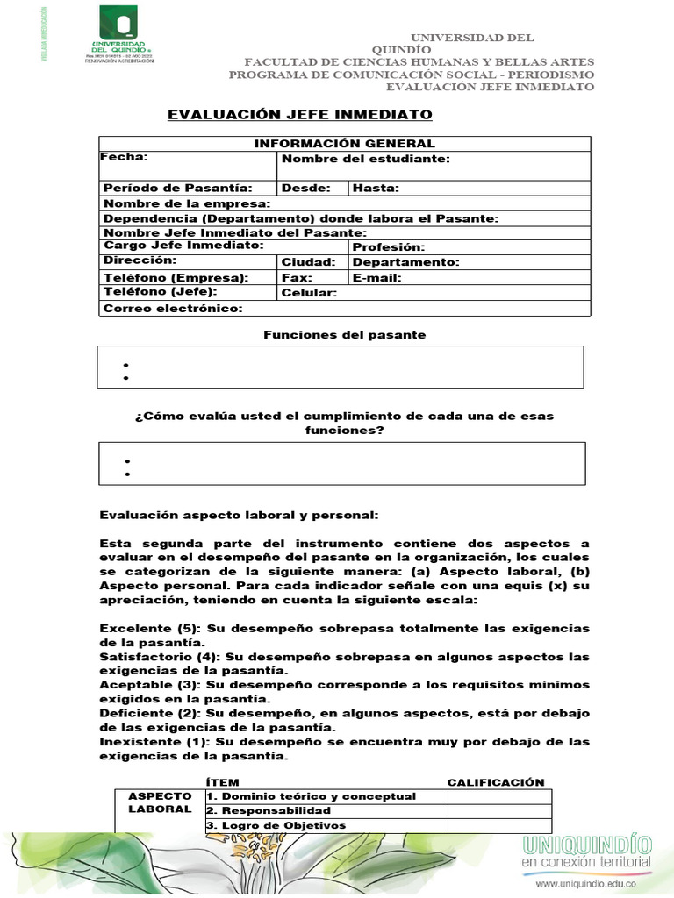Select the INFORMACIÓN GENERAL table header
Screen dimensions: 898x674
click(x=344, y=144)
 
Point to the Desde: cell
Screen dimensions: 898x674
click(x=306, y=188)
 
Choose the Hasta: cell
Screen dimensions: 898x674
click(x=376, y=188)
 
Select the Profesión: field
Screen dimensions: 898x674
click(x=388, y=248)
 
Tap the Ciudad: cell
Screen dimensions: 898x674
click(x=308, y=262)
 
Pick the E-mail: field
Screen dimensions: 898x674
click(x=377, y=277)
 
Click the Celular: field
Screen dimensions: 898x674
click(x=309, y=293)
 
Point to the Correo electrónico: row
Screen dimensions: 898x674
click(x=173, y=309)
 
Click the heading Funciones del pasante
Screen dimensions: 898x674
click(x=344, y=335)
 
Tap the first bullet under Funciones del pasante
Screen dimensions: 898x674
click(x=126, y=365)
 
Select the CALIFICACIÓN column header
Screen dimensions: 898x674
click(x=496, y=782)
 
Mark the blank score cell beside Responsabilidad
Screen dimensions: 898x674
click(x=499, y=811)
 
